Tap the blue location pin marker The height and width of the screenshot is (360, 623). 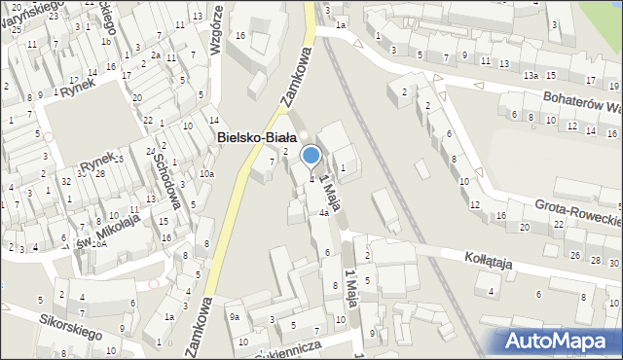311,156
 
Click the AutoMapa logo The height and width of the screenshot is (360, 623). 562,341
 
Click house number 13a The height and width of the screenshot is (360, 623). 531,75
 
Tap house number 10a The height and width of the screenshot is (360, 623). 206,173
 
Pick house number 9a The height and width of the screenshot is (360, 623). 234,316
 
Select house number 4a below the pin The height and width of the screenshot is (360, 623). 323,212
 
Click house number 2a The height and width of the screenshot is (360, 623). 155,55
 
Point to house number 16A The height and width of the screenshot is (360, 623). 99,244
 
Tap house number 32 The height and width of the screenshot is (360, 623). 65,181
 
